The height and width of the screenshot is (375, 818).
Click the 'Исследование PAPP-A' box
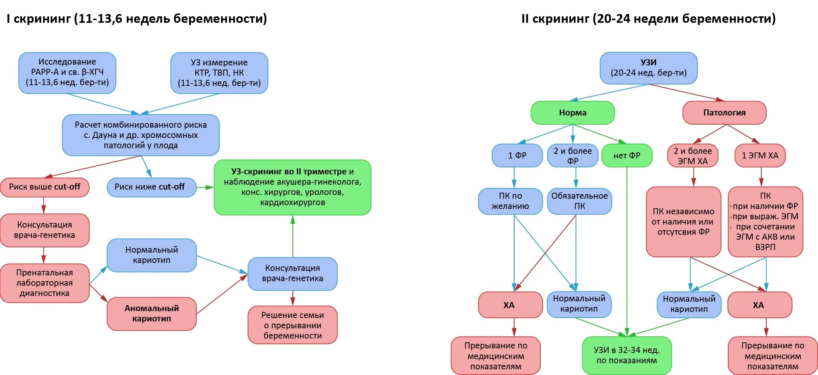tap(67, 73)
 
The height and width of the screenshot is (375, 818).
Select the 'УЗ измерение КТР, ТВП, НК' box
tap(219, 73)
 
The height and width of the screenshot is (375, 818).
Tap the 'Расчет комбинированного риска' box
tap(141, 135)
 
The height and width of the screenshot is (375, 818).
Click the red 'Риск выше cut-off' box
tap(44, 187)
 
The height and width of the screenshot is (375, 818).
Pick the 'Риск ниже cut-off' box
tap(151, 187)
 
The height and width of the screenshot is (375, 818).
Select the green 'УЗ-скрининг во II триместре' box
tap(292, 187)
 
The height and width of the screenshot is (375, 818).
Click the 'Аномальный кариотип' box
tap(151, 314)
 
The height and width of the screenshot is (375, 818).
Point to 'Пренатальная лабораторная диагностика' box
tap(44, 283)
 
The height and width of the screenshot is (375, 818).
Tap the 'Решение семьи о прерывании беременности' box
tap(292, 325)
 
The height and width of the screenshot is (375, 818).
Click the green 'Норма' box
tap(572, 113)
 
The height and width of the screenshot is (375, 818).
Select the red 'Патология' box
tap(724, 113)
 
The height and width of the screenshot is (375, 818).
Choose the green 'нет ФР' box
tap(627, 155)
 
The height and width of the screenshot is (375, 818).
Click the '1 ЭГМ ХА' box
tap(760, 155)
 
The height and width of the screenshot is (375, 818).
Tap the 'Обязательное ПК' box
tap(580, 201)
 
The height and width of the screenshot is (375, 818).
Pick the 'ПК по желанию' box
tap(510, 201)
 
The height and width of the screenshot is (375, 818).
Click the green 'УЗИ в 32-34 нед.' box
tap(627, 355)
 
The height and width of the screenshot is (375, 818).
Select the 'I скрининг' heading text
tap(137, 19)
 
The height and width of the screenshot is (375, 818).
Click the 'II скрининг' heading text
tap(648, 19)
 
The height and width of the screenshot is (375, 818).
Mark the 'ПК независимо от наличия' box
tap(683, 222)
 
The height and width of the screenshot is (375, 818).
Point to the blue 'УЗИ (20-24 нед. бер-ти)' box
tap(648, 68)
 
